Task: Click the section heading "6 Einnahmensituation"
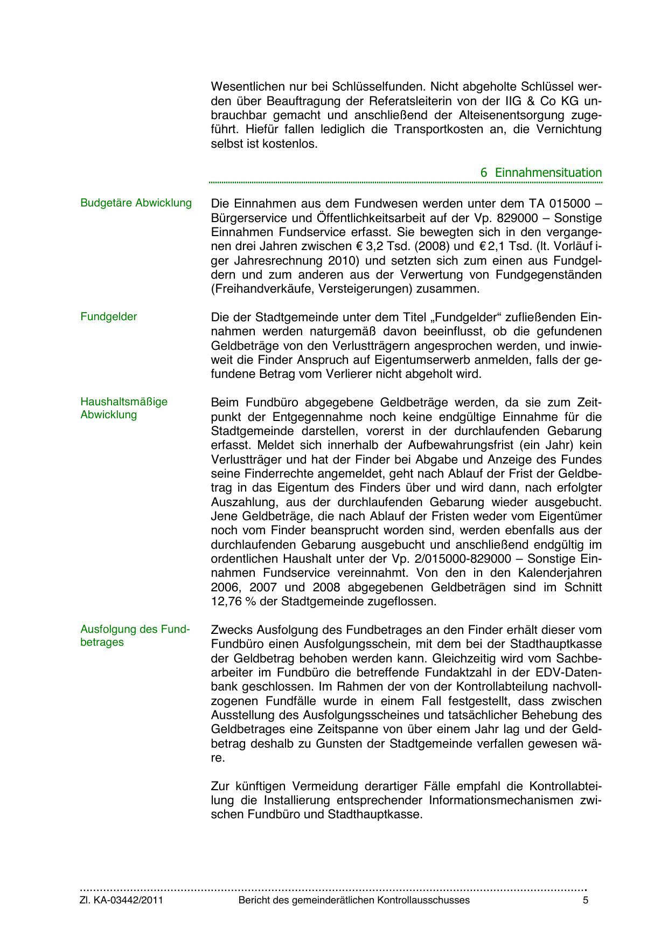[541, 173]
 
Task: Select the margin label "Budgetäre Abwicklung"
[136, 203]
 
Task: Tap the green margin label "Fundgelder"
[108, 317]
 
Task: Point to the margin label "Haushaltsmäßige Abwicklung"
[124, 408]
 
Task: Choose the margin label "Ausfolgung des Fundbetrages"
[135, 636]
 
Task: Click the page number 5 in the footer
[586, 900]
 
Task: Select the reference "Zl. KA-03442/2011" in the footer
[122, 900]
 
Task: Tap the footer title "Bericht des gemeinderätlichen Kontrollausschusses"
[354, 900]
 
